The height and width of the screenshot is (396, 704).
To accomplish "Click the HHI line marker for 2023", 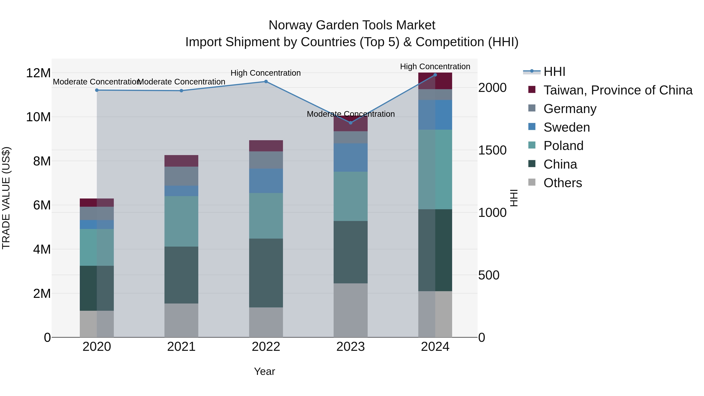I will [x=351, y=123].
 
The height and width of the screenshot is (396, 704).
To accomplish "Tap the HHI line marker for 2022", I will [x=266, y=81].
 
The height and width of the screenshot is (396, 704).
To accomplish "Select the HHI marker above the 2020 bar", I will [x=97, y=90].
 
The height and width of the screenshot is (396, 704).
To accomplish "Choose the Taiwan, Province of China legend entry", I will [x=618, y=90].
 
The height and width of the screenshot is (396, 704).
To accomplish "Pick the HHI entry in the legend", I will [x=554, y=72].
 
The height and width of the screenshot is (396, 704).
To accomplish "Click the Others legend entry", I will [x=562, y=183].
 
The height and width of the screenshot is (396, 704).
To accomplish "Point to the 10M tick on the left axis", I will [x=38, y=117].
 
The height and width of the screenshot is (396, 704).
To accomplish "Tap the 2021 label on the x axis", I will [x=181, y=347].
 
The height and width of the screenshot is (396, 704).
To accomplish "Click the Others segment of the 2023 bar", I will [x=351, y=310].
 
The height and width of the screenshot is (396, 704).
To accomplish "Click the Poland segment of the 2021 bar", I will [x=181, y=221].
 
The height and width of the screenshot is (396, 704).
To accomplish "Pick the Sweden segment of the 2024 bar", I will [x=435, y=115].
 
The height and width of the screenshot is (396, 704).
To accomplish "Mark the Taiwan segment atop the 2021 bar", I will [x=181, y=161].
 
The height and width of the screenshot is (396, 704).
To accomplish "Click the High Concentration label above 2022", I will [x=266, y=73].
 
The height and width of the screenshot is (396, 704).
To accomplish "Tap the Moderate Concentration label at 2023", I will [x=351, y=114].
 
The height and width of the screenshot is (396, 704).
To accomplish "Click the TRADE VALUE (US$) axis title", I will [x=6, y=198].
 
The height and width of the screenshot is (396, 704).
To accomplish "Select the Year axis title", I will [x=264, y=371].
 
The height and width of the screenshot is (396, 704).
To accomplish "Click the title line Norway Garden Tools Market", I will [x=352, y=25].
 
